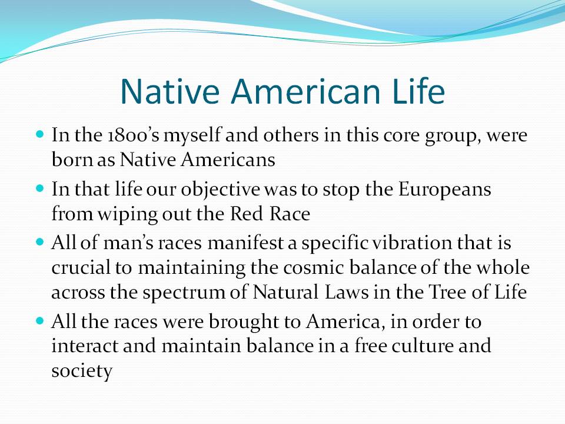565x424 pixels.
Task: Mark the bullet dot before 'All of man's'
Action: [40, 241]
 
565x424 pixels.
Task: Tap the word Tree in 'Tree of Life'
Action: [447, 291]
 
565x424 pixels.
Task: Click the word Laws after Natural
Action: [347, 291]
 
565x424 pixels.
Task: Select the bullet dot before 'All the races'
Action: [40, 320]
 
